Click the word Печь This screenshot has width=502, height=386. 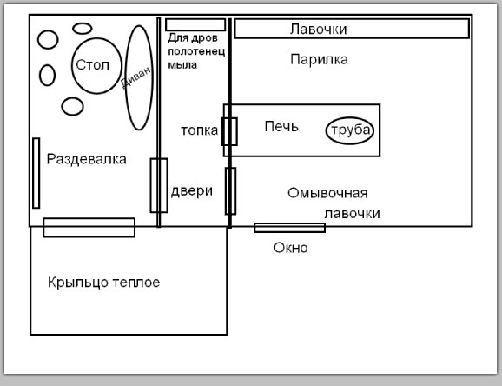[x=281, y=127]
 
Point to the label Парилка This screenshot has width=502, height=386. [x=319, y=60]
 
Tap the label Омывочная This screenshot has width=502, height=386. [x=327, y=193]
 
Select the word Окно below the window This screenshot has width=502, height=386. [x=290, y=248]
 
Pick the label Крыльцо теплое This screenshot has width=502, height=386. [x=103, y=283]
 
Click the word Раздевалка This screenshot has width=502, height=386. [x=87, y=159]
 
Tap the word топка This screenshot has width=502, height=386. [x=199, y=130]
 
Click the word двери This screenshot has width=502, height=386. [x=191, y=191]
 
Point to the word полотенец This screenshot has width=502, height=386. [x=196, y=51]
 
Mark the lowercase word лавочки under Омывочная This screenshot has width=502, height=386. [x=352, y=214]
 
